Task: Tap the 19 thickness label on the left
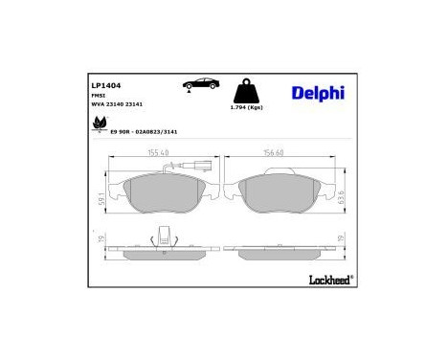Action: pyautogui.click(x=102, y=241)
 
